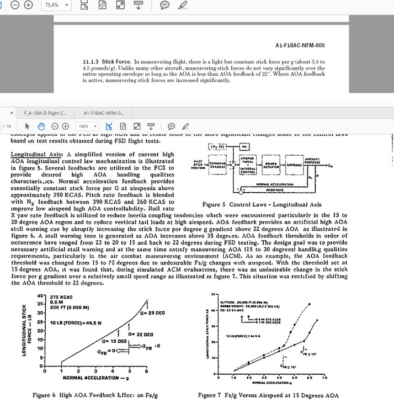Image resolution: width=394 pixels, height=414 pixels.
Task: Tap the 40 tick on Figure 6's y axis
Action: pyautogui.click(x=40, y=297)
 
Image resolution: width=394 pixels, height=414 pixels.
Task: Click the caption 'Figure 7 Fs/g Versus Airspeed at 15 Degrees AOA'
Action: pyautogui.click(x=269, y=395)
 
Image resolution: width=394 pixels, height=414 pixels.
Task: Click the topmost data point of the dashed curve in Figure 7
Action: pyautogui.click(x=310, y=304)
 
